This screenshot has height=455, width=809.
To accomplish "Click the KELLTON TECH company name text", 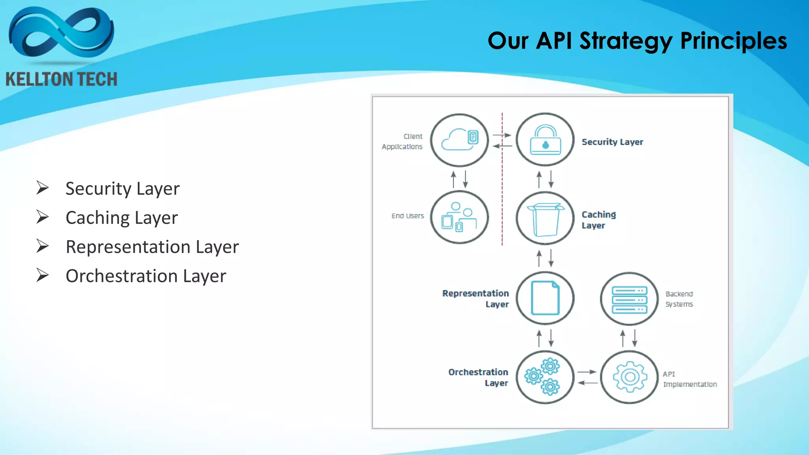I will pos(62,79).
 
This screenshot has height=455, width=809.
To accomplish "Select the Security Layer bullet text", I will pos(122,188).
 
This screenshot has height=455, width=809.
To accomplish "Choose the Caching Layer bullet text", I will pos(122,218).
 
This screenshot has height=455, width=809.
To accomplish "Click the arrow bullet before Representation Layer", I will pos(42,246).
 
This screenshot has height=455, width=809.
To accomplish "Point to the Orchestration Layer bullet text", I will pos(146,276).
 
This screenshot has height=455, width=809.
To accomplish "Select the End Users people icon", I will pos(459,217).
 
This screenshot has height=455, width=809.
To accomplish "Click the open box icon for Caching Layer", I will pos(545,218).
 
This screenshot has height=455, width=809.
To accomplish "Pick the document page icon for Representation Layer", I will pos(545,298).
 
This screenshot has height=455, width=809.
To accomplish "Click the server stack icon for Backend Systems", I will pos(629,299).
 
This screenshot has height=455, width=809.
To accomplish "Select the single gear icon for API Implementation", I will pos(630,377).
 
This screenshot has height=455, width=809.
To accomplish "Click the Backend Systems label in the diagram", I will pos(679,299).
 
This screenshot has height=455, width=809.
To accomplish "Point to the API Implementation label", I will pos(689,379).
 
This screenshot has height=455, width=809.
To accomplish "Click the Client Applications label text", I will pos(403,141).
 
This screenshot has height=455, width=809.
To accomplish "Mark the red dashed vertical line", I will pos(502,197).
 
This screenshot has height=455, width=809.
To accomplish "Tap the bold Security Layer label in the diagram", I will pos(612,142).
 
